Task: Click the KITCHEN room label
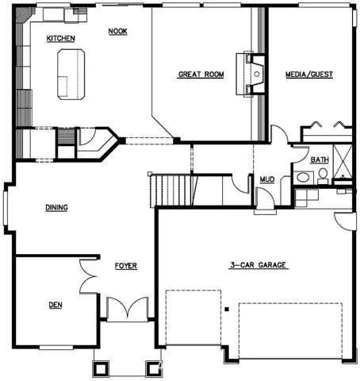[61, 39]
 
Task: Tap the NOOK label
[118, 31]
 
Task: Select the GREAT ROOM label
[201, 75]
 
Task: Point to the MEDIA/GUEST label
[309, 75]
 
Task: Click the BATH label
[320, 160]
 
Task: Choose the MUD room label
[267, 179]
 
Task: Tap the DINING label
[56, 207]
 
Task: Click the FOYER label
[126, 266]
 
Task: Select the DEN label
[56, 305]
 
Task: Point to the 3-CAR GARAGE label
[259, 265]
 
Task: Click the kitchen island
[71, 75]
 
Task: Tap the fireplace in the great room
[251, 75]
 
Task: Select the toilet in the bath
[323, 176]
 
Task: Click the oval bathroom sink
[303, 177]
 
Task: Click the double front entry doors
[127, 308]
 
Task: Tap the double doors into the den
[88, 276]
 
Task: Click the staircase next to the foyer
[173, 190]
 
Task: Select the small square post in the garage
[227, 309]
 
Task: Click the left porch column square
[101, 368]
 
